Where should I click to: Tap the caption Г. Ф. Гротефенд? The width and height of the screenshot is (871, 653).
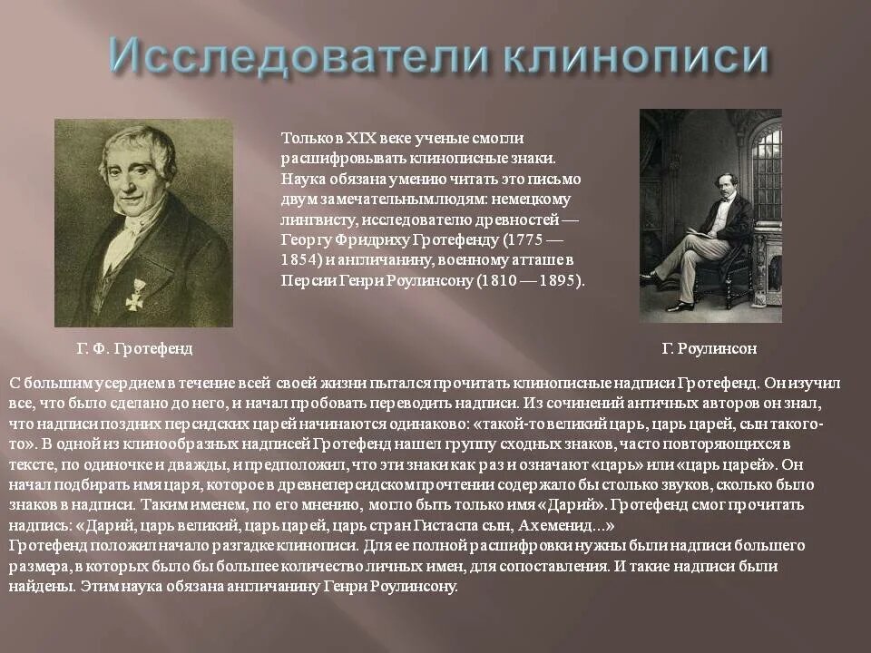134,348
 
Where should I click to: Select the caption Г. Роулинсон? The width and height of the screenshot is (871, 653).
710,348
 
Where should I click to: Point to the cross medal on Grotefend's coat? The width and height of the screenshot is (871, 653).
136,293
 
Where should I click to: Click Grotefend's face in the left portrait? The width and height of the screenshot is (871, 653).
136,177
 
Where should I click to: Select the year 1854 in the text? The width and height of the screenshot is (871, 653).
299,260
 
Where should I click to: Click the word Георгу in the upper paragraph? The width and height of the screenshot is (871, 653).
304,240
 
